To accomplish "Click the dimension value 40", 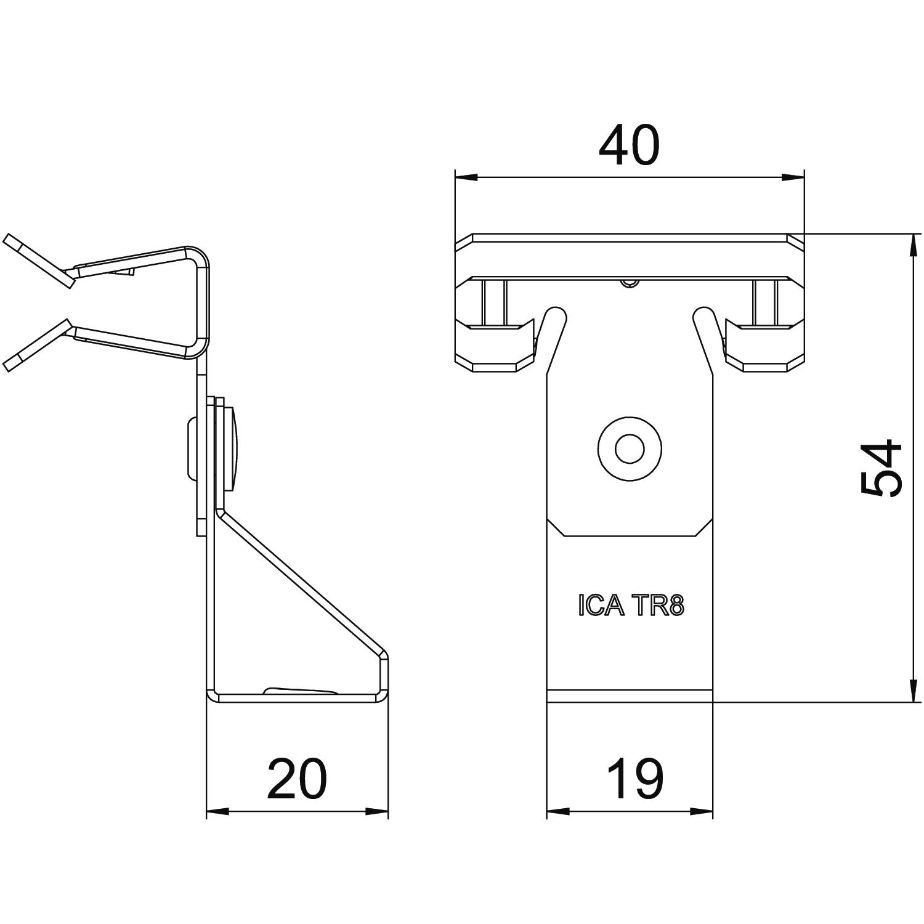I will click(x=629, y=145).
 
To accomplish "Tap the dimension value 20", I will click(x=296, y=779).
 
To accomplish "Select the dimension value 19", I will click(x=634, y=779).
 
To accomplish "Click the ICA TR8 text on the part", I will click(x=631, y=606).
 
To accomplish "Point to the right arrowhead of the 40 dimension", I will click(x=793, y=177).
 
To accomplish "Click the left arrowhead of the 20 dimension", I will click(x=217, y=811).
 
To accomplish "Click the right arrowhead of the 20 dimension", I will click(x=377, y=811).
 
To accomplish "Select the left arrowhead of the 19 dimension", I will click(x=558, y=811).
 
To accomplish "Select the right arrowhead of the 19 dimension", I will click(x=702, y=811).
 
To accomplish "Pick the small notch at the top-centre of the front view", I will click(x=628, y=283).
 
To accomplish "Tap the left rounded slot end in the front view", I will click(x=554, y=315).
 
